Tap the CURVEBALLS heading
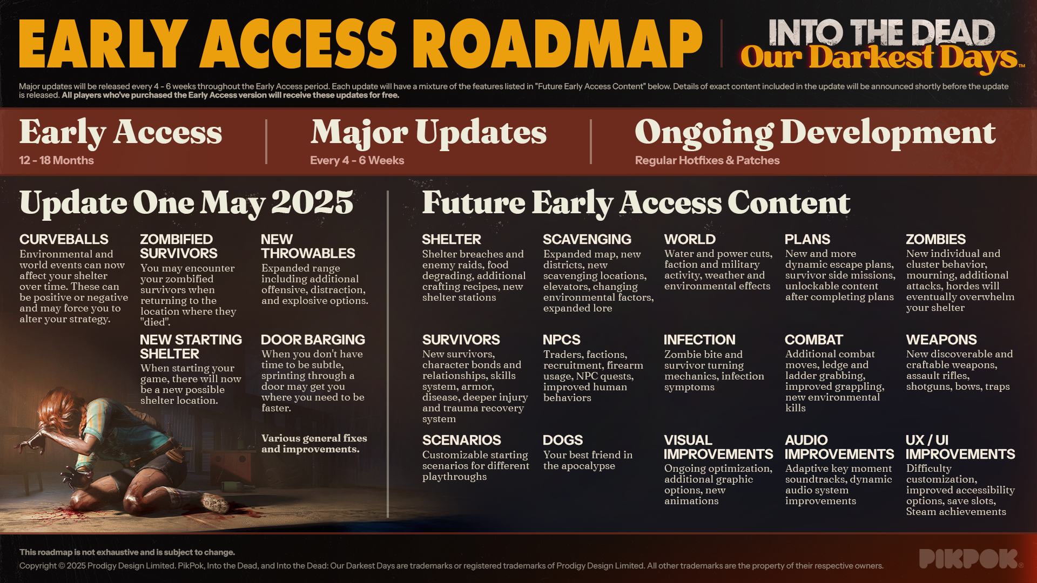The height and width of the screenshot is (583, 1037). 64,239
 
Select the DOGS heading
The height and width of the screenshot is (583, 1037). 563,440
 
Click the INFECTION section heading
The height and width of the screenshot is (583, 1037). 699,340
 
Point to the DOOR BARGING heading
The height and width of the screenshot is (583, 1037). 313,340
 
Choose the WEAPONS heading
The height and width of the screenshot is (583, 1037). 941,340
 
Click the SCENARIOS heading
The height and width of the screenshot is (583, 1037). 462,440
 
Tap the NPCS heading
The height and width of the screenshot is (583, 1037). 562,340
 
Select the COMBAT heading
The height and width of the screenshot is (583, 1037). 814,340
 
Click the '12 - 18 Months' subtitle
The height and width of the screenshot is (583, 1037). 56,160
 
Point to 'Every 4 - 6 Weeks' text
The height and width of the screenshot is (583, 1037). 357,160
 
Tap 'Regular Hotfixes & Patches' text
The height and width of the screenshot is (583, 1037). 707,160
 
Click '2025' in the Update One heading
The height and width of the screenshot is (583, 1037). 312,202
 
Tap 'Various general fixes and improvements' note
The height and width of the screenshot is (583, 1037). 314,444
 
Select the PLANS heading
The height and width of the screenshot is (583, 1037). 807,239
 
